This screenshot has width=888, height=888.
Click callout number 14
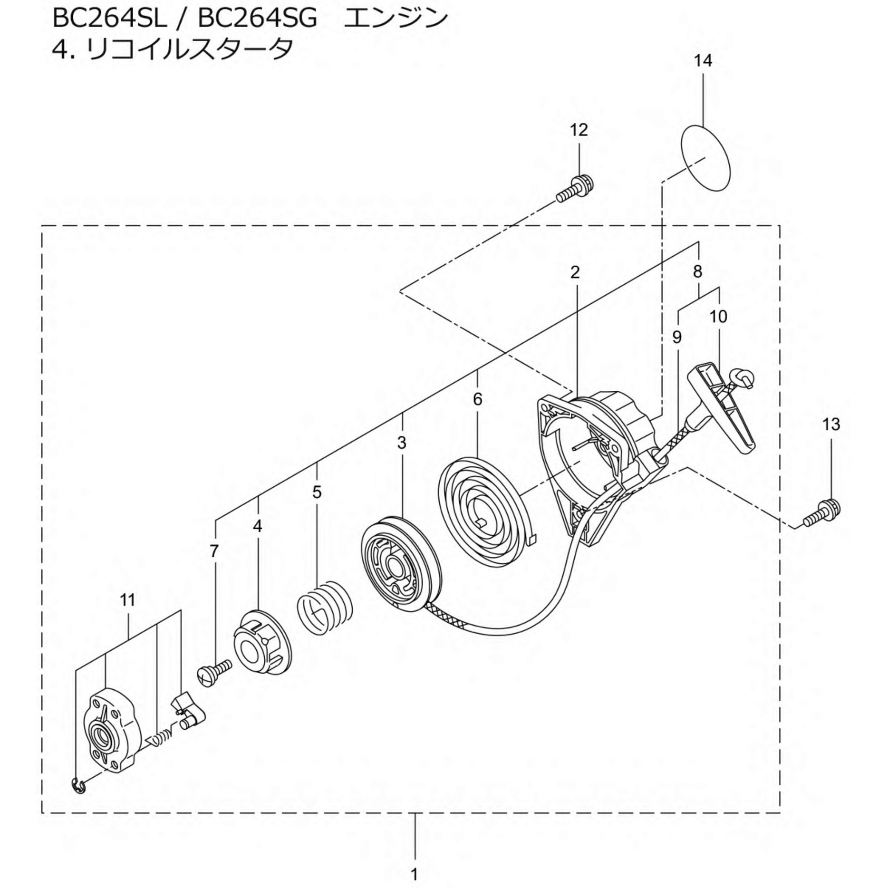[703, 61]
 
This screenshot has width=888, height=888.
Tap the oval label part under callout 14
[705, 158]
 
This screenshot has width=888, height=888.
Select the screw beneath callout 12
[575, 189]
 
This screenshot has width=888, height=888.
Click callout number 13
[831, 424]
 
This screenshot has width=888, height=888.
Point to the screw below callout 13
[822, 515]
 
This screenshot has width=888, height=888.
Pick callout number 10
[718, 316]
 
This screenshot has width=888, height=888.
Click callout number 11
[128, 600]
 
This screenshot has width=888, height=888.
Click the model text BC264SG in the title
[257, 19]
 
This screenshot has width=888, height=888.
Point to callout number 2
[575, 272]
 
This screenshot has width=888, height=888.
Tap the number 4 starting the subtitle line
[60, 48]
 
